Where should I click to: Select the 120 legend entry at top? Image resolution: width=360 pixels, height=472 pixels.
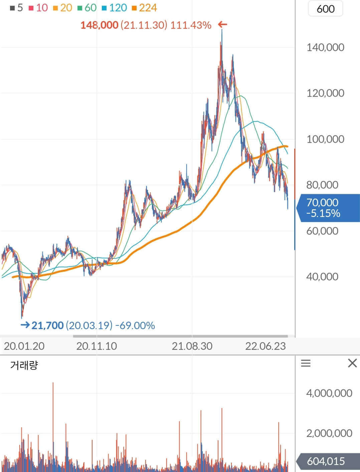[115, 8]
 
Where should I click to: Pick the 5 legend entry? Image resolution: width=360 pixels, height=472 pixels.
[17, 8]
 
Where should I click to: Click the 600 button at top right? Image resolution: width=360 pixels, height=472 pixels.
[325, 9]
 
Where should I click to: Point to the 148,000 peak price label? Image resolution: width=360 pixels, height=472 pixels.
[100, 25]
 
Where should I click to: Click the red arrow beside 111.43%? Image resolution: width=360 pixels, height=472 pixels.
[222, 24]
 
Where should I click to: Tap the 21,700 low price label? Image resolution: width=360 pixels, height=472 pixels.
[47, 325]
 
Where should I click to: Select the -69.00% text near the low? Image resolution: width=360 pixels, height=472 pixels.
[135, 325]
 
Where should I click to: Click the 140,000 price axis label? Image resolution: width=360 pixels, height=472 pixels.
[325, 47]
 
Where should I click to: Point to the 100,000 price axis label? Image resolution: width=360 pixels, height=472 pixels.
[325, 139]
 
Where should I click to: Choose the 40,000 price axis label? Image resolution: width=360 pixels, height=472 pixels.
[322, 276]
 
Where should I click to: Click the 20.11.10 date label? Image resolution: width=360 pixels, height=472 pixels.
[97, 346]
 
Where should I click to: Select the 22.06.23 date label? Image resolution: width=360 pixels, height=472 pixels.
[265, 346]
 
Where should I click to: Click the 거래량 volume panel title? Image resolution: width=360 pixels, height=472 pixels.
[24, 365]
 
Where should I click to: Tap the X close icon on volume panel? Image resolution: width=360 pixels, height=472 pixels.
[352, 363]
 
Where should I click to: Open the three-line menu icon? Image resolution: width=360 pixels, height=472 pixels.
[306, 363]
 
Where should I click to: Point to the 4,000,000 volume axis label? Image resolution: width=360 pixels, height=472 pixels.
[329, 393]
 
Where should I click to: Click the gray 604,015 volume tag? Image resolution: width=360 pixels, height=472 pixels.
[326, 461]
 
